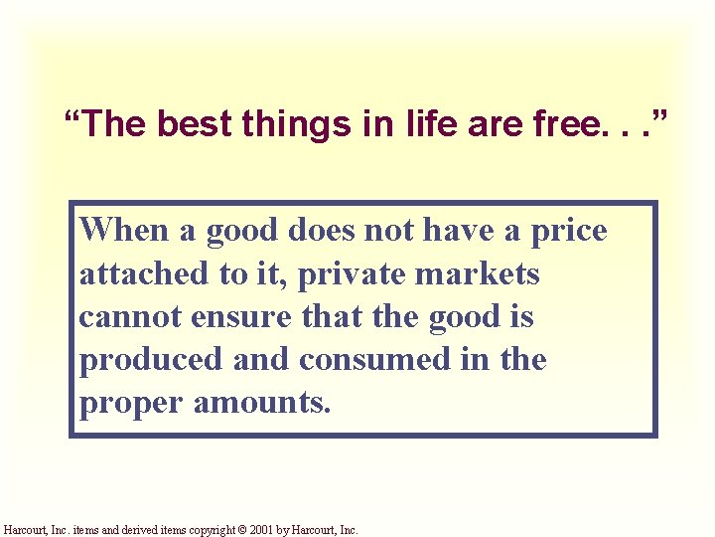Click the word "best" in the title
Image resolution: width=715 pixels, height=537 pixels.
184,124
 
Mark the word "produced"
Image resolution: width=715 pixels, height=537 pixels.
151,359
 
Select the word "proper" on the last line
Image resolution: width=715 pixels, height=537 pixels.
131,403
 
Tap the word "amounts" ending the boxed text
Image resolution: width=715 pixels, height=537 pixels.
261,403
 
